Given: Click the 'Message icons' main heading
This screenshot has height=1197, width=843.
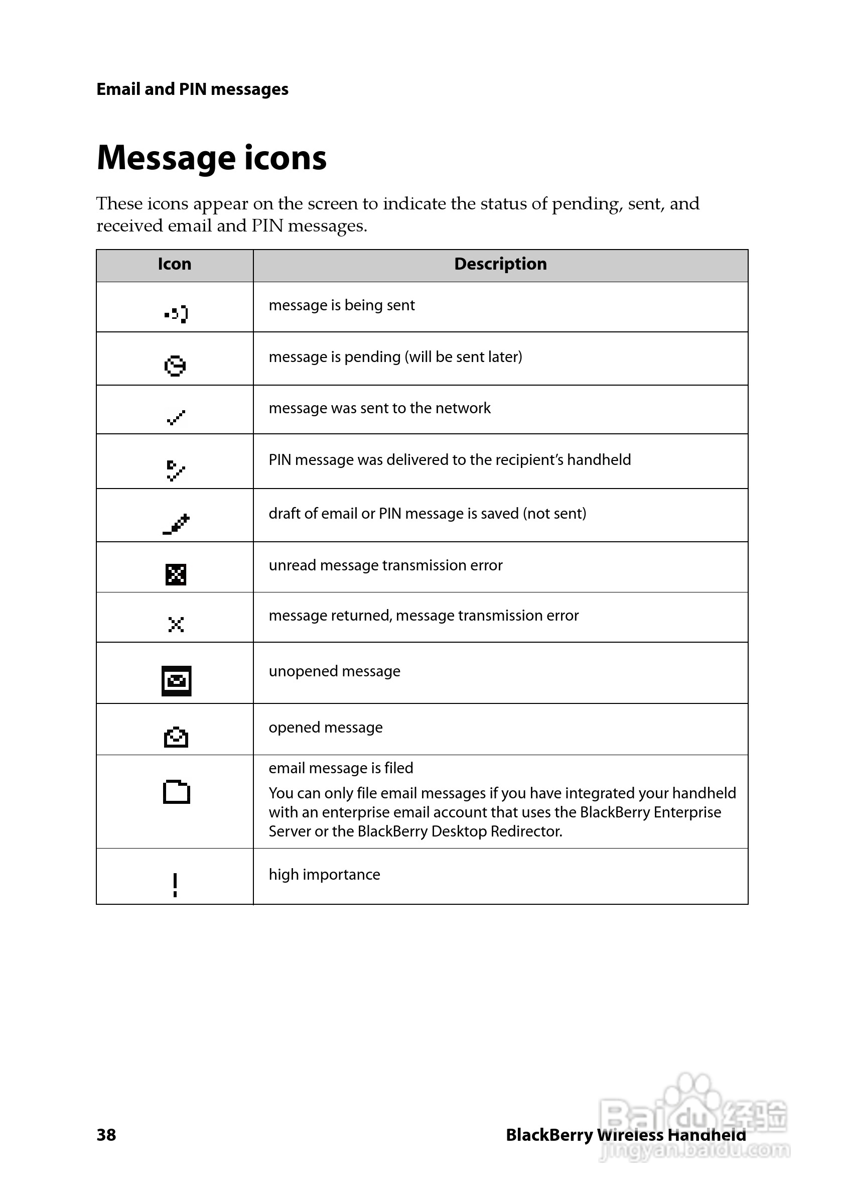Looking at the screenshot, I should pyautogui.click(x=212, y=158).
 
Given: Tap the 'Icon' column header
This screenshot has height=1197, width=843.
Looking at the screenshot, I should pyautogui.click(x=175, y=264).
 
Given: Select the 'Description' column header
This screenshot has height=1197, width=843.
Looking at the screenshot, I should pyautogui.click(x=500, y=264).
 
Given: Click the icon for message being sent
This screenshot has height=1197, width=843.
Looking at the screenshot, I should pyautogui.click(x=176, y=314).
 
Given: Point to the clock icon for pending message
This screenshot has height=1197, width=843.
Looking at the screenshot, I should pyautogui.click(x=175, y=366).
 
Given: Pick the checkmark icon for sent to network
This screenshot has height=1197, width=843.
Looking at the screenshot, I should pyautogui.click(x=176, y=418).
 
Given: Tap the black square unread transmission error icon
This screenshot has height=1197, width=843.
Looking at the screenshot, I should pyautogui.click(x=176, y=574).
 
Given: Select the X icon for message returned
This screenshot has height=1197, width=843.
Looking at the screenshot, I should pyautogui.click(x=176, y=624).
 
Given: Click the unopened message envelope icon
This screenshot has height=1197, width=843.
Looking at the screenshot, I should pyautogui.click(x=176, y=681).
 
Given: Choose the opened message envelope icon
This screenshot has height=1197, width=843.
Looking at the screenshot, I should pyautogui.click(x=176, y=737).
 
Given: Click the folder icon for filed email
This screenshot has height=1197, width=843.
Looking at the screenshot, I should pyautogui.click(x=176, y=792).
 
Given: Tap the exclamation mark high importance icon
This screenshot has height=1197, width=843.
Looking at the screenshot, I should pyautogui.click(x=175, y=885).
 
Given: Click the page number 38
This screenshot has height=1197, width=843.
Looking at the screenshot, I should pyautogui.click(x=106, y=1134).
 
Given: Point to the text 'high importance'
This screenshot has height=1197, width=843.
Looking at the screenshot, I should pyautogui.click(x=324, y=874).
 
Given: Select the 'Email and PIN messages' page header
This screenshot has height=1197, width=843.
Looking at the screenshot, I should pyautogui.click(x=192, y=89).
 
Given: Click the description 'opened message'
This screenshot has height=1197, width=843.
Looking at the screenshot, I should pyautogui.click(x=326, y=727).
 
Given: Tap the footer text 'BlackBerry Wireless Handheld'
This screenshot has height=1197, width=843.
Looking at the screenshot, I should pyautogui.click(x=626, y=1135).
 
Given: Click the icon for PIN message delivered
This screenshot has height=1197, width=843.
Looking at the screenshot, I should pyautogui.click(x=176, y=470).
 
